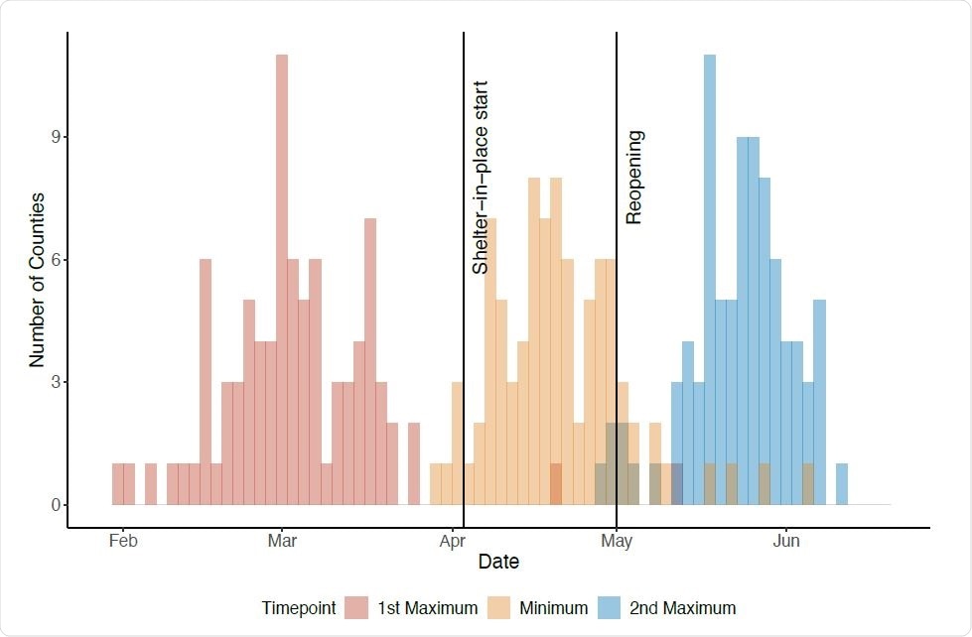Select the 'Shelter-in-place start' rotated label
tap(481, 178)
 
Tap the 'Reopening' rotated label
tap(634, 178)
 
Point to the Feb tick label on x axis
tap(122, 542)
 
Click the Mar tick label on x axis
tap(282, 542)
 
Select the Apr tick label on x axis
tap(452, 542)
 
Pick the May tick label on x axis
tap(617, 542)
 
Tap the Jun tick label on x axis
tap(786, 542)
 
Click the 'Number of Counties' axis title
tap(37, 280)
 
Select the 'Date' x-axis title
tap(498, 562)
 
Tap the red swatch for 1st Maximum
tap(357, 608)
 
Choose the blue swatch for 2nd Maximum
tap(608, 608)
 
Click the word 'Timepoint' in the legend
tap(299, 608)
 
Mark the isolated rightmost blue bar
tap(842, 484)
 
